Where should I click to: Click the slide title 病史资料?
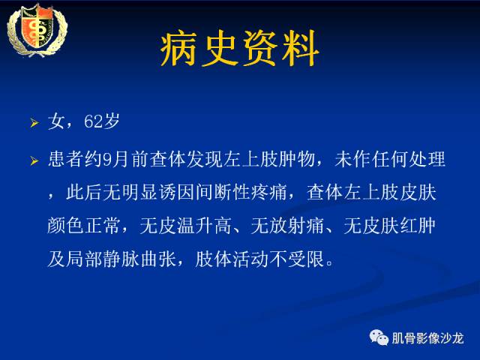(240, 49)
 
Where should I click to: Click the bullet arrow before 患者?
(34, 160)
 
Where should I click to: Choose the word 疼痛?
(266, 193)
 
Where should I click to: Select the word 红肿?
(427, 225)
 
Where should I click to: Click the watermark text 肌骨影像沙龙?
(427, 337)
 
